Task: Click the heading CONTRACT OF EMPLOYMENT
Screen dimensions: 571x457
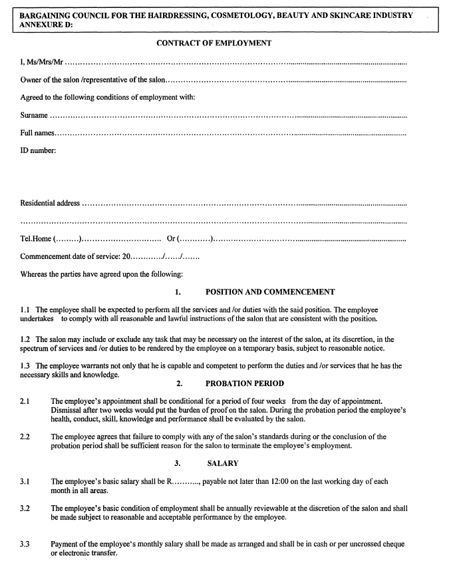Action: point(214,43)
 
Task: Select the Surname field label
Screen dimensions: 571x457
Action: point(34,116)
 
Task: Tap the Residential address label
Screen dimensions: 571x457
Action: point(50,203)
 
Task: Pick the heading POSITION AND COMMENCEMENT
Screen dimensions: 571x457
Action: point(270,291)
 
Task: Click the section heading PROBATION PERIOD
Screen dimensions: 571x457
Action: point(245,383)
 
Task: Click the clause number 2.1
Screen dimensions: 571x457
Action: point(25,401)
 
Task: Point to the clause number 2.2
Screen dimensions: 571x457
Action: point(25,437)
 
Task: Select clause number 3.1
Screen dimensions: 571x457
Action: point(25,481)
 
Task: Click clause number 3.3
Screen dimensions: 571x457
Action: point(25,544)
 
